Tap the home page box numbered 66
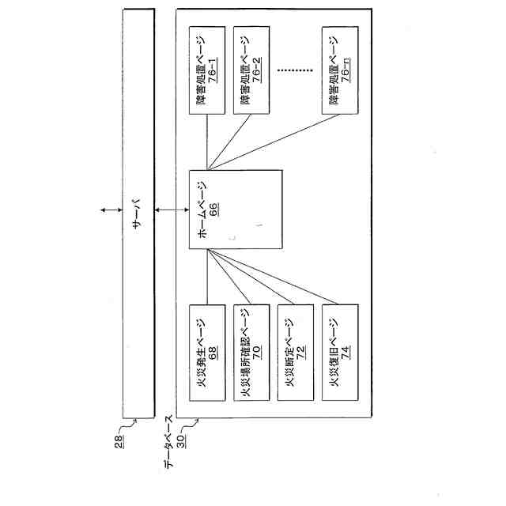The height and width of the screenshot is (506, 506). point(236,210)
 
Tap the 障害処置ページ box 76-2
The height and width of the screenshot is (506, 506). point(251,70)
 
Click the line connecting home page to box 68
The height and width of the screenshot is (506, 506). point(207,277)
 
